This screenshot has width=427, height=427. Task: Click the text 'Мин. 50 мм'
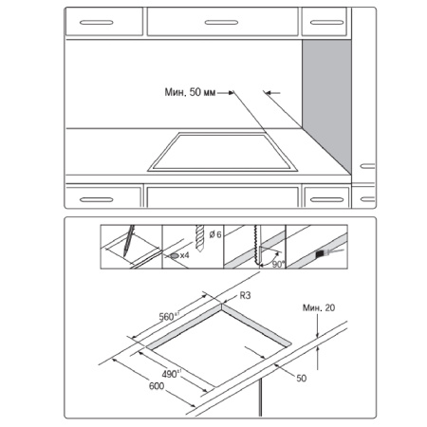click(189, 92)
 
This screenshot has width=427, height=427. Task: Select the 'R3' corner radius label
click(244, 295)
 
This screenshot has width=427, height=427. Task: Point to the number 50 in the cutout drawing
click(301, 378)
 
